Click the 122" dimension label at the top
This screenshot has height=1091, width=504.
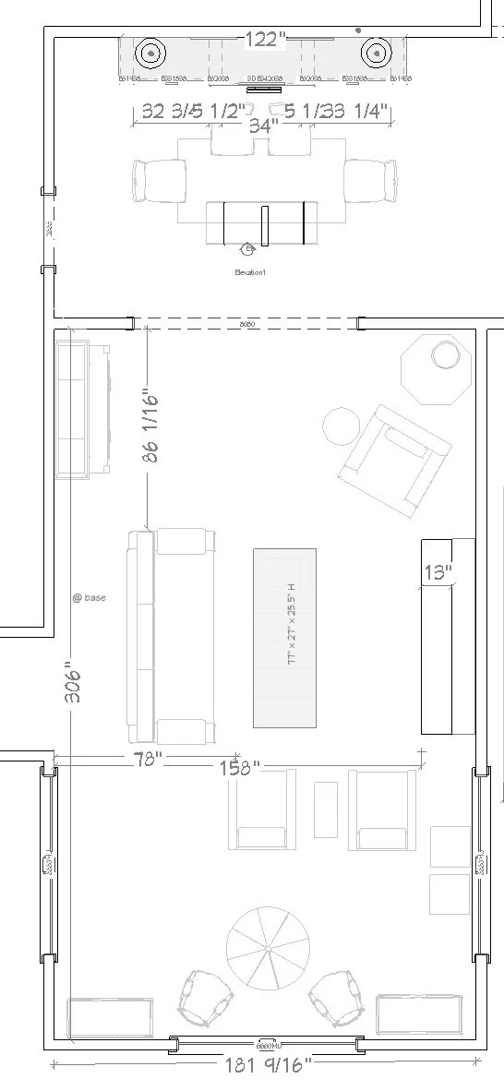point(265,39)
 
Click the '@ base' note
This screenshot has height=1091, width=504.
point(90,598)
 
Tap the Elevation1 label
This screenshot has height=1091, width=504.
point(249,272)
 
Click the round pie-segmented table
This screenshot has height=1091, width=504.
point(266,947)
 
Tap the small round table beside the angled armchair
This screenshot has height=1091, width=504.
point(342,426)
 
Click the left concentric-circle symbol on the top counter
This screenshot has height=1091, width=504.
point(150,54)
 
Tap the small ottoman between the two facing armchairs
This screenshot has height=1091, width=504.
point(326,809)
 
